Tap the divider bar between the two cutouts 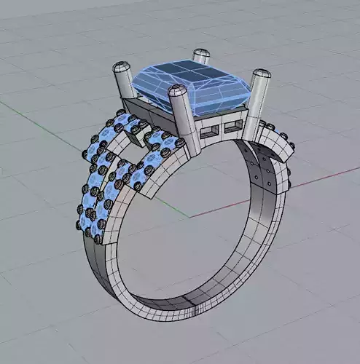coord(222,130)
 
